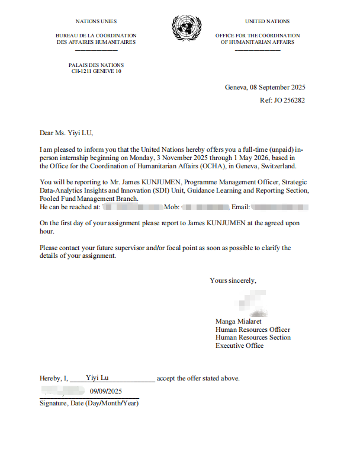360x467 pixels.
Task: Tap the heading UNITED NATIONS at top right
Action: tap(267, 21)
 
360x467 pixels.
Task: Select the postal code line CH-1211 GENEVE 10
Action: tap(96, 71)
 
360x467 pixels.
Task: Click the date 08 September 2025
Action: tap(278, 87)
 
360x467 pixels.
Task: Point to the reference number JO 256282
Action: tap(290, 100)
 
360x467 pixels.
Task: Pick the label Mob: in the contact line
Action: tap(171, 207)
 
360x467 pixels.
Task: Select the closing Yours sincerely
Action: tap(233, 280)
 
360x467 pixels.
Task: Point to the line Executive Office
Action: tap(239, 346)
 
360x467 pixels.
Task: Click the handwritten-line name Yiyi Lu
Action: tap(97, 377)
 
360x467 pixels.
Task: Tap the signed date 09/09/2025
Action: tap(105, 391)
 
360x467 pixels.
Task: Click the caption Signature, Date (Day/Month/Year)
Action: tap(89, 403)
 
